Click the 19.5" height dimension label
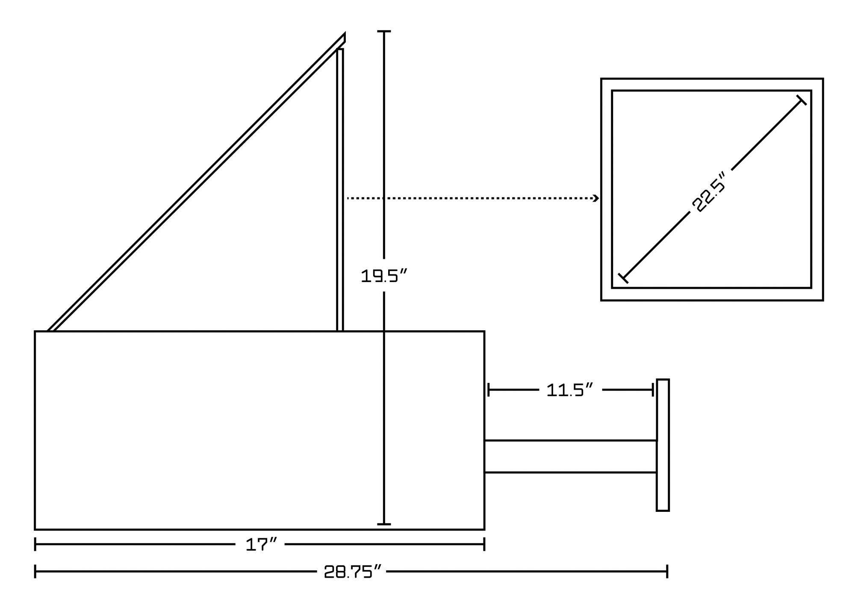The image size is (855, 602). tap(383, 276)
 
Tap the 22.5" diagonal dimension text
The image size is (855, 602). tap(709, 192)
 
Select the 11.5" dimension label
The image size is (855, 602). tap(570, 390)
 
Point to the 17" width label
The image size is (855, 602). tap(261, 544)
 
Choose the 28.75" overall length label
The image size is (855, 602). tap(352, 571)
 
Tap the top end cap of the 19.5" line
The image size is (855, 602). tap(384, 32)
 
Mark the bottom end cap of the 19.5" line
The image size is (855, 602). tap(384, 524)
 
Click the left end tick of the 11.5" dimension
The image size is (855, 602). tap(489, 390)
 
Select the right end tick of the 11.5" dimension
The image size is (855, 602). tap(653, 390)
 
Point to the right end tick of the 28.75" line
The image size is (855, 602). tap(667, 571)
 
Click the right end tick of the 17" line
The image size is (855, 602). tap(484, 544)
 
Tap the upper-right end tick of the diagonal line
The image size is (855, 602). tap(801, 100)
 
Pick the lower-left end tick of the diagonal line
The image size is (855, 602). tap(623, 278)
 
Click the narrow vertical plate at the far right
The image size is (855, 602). tap(663, 445)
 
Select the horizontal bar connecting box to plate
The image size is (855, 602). tap(570, 456)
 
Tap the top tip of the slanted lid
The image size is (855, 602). tap(344, 33)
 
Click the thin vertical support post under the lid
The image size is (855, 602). tap(340, 190)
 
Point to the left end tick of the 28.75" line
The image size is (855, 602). tap(35, 571)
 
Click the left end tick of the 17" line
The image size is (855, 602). tap(35, 544)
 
